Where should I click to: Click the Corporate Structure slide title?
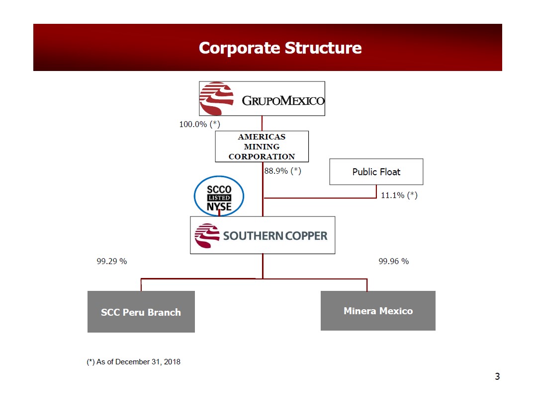pyautogui.click(x=280, y=48)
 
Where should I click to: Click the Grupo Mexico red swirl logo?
pyautogui.click(x=216, y=98)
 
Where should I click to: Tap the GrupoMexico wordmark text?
pyautogui.click(x=283, y=101)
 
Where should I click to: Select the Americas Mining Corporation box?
pyautogui.click(x=262, y=146)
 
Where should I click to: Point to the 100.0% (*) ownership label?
pyautogui.click(x=199, y=124)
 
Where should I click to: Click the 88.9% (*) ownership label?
pyautogui.click(x=282, y=171)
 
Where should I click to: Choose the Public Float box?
pyautogui.click(x=376, y=172)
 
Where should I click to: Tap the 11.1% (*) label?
pyautogui.click(x=399, y=195)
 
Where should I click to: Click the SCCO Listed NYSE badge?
pyautogui.click(x=219, y=197)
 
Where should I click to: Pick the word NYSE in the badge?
pyautogui.click(x=219, y=206)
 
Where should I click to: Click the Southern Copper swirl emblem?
pyautogui.click(x=207, y=236)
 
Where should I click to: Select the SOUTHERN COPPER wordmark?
pyautogui.click(x=275, y=236)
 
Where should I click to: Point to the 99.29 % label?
pyautogui.click(x=111, y=261)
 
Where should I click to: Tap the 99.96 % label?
pyautogui.click(x=393, y=261)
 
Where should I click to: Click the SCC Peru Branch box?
pyautogui.click(x=141, y=312)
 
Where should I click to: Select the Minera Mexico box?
pyautogui.click(x=378, y=311)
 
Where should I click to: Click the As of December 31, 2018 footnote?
pyautogui.click(x=133, y=362)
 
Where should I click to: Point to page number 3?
pyautogui.click(x=497, y=376)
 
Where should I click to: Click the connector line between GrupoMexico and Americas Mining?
pyautogui.click(x=262, y=123)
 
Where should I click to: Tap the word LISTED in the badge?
pyautogui.click(x=219, y=198)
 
